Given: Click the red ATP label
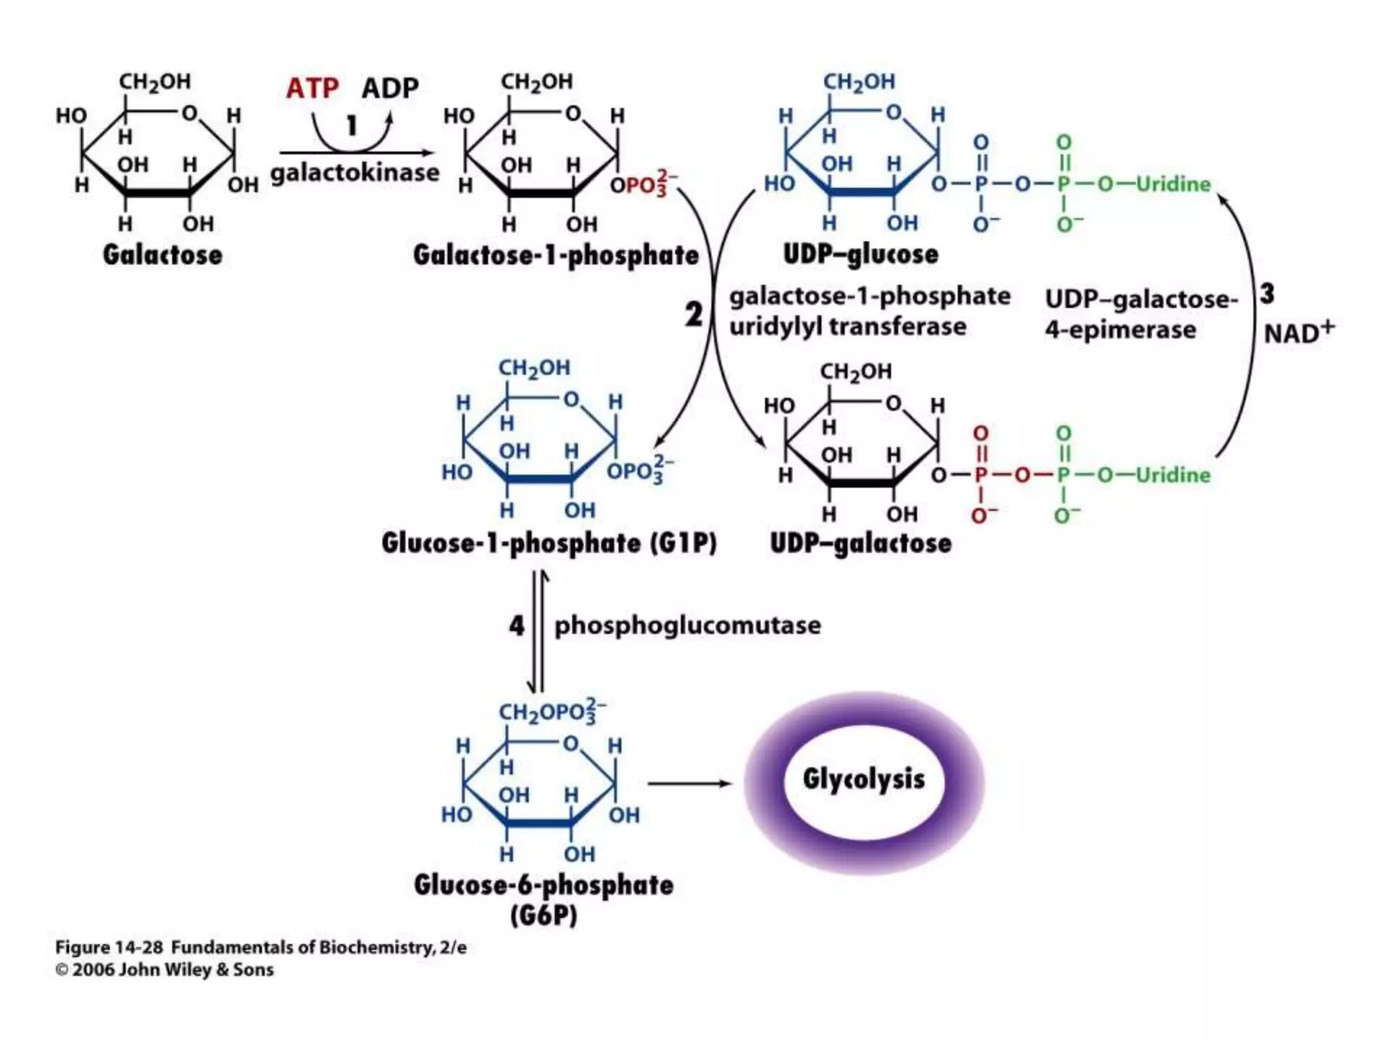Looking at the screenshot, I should pyautogui.click(x=312, y=88).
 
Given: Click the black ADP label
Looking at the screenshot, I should pyautogui.click(x=390, y=88).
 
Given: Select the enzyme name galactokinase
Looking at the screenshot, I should pyautogui.click(x=355, y=172).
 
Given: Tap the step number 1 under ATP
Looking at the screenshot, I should pyautogui.click(x=352, y=126).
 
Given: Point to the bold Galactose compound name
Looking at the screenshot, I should pyautogui.click(x=162, y=255).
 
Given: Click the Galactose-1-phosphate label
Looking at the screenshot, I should pyautogui.click(x=555, y=256).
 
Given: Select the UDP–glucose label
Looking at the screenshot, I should pyautogui.click(x=861, y=254).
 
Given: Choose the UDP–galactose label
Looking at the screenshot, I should pyautogui.click(x=860, y=543).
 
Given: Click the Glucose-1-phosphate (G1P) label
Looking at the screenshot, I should pyautogui.click(x=548, y=543).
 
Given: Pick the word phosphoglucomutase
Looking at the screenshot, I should pyautogui.click(x=688, y=625).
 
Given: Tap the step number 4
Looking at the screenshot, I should pyautogui.click(x=516, y=625).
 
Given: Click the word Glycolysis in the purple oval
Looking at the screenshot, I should pyautogui.click(x=863, y=779).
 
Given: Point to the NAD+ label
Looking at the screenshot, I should pyautogui.click(x=1298, y=332).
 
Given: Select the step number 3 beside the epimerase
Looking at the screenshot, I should pyautogui.click(x=1267, y=294).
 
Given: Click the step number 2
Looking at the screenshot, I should pyautogui.click(x=693, y=314).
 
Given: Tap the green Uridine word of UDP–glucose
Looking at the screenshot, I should pyautogui.click(x=1173, y=184).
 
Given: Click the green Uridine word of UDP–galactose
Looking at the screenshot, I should pyautogui.click(x=1173, y=475).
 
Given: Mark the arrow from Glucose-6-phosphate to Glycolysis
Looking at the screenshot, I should pyautogui.click(x=689, y=784).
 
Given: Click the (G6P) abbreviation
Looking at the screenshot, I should pyautogui.click(x=544, y=916).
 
